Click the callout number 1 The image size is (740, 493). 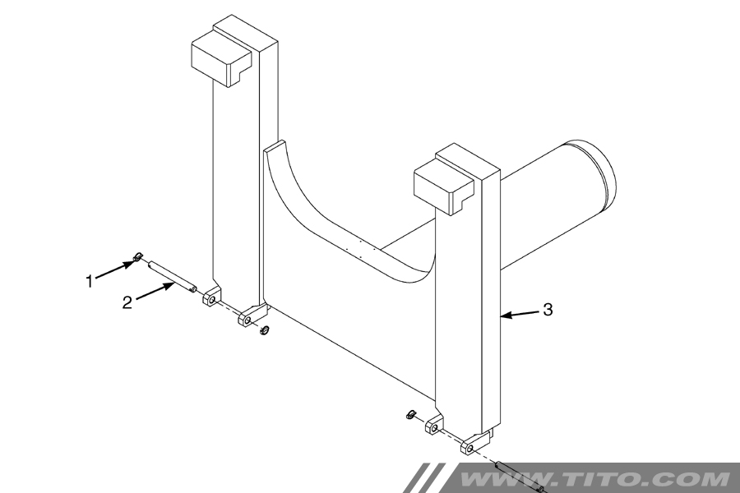[89, 282]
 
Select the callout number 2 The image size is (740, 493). [127, 302]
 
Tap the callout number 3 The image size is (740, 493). [548, 310]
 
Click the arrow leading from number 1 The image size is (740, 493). [113, 270]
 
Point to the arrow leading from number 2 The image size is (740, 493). [155, 290]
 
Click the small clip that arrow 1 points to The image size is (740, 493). [138, 256]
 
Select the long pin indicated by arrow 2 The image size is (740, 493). [172, 276]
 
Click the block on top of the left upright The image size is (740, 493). [221, 58]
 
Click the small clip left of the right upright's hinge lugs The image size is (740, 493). [410, 415]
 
